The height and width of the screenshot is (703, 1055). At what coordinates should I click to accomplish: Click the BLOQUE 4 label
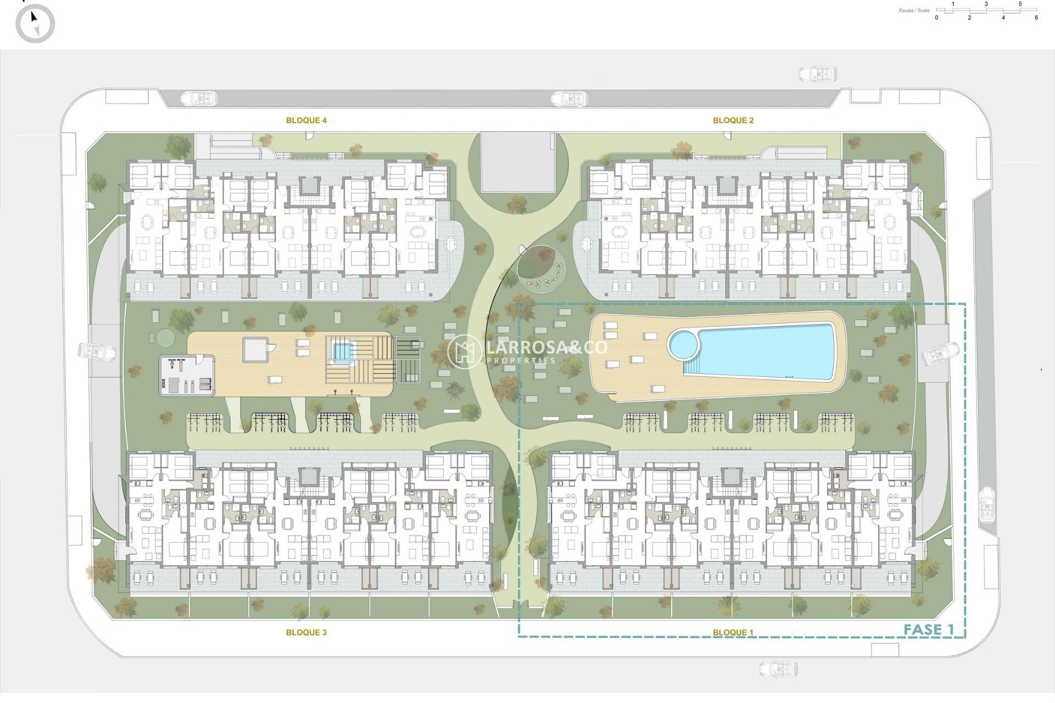tap(306, 120)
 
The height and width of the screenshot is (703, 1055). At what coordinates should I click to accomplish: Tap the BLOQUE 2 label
tap(733, 120)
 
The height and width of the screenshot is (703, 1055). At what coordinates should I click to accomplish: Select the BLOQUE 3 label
tap(306, 633)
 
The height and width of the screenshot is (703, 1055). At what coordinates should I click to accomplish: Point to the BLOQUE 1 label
tap(733, 633)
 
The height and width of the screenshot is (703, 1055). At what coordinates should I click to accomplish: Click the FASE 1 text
tap(929, 630)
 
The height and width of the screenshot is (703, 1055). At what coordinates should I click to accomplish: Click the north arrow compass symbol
tap(35, 24)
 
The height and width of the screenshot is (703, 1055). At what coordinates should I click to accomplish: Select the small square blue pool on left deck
tap(342, 351)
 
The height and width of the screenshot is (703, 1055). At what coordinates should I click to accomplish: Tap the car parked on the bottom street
tap(778, 669)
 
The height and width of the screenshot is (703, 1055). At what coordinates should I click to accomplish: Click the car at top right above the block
tap(818, 74)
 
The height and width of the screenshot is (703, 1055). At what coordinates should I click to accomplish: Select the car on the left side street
tap(97, 351)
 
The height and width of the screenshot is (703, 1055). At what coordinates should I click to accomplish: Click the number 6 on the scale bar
tap(1036, 18)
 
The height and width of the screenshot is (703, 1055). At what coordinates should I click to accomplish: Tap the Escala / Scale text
tap(914, 10)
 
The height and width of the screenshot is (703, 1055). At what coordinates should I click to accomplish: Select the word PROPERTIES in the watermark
tap(521, 361)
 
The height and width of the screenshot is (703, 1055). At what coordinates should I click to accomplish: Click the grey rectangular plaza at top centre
tap(517, 162)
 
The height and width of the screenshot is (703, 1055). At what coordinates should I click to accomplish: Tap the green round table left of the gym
tap(164, 336)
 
